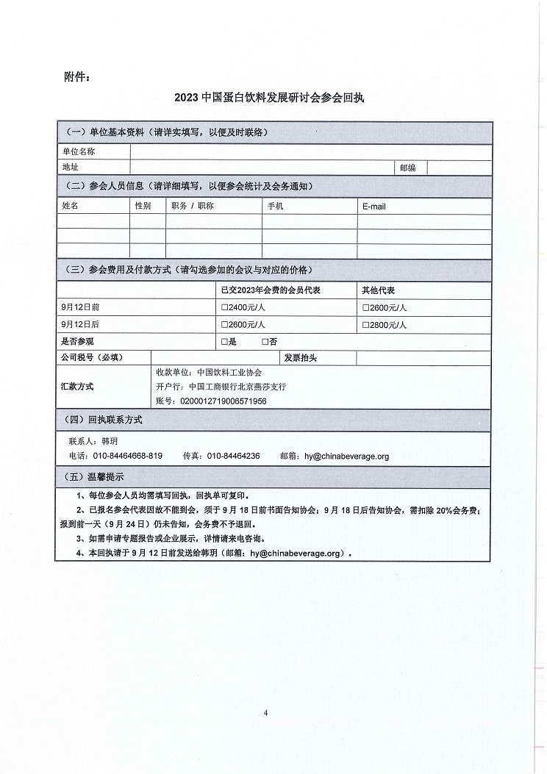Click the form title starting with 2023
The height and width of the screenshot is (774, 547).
(x=273, y=96)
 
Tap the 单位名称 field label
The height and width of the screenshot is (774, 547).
(x=79, y=151)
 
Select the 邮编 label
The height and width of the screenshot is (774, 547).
(x=408, y=168)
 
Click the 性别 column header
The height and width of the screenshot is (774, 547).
(x=143, y=207)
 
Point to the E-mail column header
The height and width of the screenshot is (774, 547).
(x=374, y=207)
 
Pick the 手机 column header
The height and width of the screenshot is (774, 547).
(x=275, y=207)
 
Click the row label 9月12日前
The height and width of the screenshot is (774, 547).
(x=81, y=307)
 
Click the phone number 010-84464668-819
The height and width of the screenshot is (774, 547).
(x=127, y=456)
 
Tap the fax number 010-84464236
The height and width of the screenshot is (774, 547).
(x=233, y=456)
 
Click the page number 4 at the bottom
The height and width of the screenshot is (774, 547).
(x=266, y=712)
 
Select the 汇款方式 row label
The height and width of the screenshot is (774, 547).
(x=77, y=386)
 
